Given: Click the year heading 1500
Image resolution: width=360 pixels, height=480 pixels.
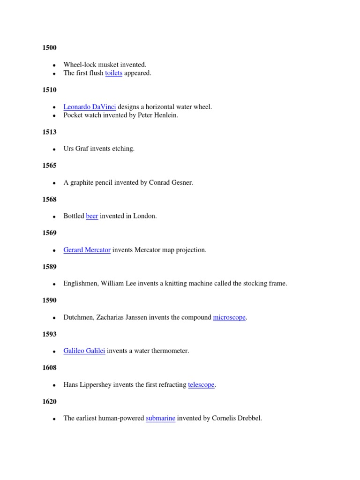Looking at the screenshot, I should [49, 48].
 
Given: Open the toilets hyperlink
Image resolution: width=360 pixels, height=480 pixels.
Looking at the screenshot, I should [113, 73].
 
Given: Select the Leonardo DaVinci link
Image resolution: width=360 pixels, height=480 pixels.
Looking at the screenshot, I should [90, 107].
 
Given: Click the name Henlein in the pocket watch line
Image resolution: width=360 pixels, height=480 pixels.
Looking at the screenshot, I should [167, 115].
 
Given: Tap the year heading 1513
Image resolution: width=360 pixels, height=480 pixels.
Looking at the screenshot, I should [49, 132].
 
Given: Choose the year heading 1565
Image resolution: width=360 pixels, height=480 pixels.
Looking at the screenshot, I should [49, 165].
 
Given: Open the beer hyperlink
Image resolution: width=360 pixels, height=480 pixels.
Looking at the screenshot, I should [92, 216].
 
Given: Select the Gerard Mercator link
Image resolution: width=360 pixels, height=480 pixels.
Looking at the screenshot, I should [87, 250].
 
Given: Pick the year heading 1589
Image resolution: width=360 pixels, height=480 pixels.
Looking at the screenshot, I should [49, 267].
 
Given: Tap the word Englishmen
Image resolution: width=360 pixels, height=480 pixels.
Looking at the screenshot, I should [80, 284].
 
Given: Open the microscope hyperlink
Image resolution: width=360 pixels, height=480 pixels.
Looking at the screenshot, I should [229, 317].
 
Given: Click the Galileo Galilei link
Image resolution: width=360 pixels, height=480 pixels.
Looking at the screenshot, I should [84, 351].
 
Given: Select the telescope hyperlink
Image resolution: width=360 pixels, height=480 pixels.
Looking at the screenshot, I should [201, 385].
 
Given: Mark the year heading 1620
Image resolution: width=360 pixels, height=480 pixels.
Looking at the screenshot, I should [49, 402].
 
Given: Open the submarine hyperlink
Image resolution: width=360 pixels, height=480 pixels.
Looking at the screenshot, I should [160, 418].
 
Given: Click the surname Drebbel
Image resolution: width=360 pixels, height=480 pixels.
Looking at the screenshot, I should [249, 418].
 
